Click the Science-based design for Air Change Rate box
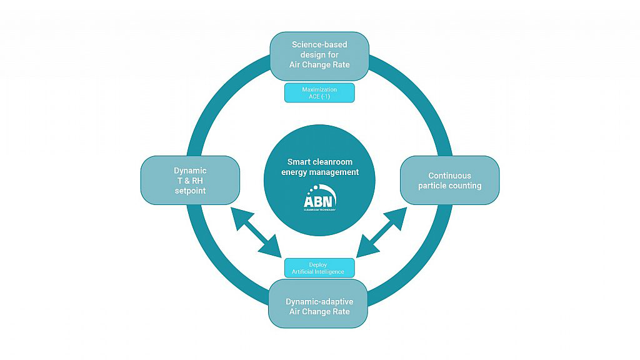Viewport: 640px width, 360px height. coord(319,55)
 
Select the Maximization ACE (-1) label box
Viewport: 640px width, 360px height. coord(319,92)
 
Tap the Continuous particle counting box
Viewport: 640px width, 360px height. coord(449,180)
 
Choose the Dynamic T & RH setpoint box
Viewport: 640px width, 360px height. coord(190,180)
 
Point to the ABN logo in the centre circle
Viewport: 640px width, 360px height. coord(319,199)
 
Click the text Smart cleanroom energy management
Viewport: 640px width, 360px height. coord(319,167)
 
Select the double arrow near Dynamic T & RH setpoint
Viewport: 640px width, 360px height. coord(256,232)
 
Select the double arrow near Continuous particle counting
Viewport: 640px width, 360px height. coord(382,232)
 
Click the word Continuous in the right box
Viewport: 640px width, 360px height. coord(449,176)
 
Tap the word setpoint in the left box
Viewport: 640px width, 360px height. coord(190,191)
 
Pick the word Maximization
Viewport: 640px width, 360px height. coord(319,89)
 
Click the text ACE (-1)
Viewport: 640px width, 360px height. coord(319,97)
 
